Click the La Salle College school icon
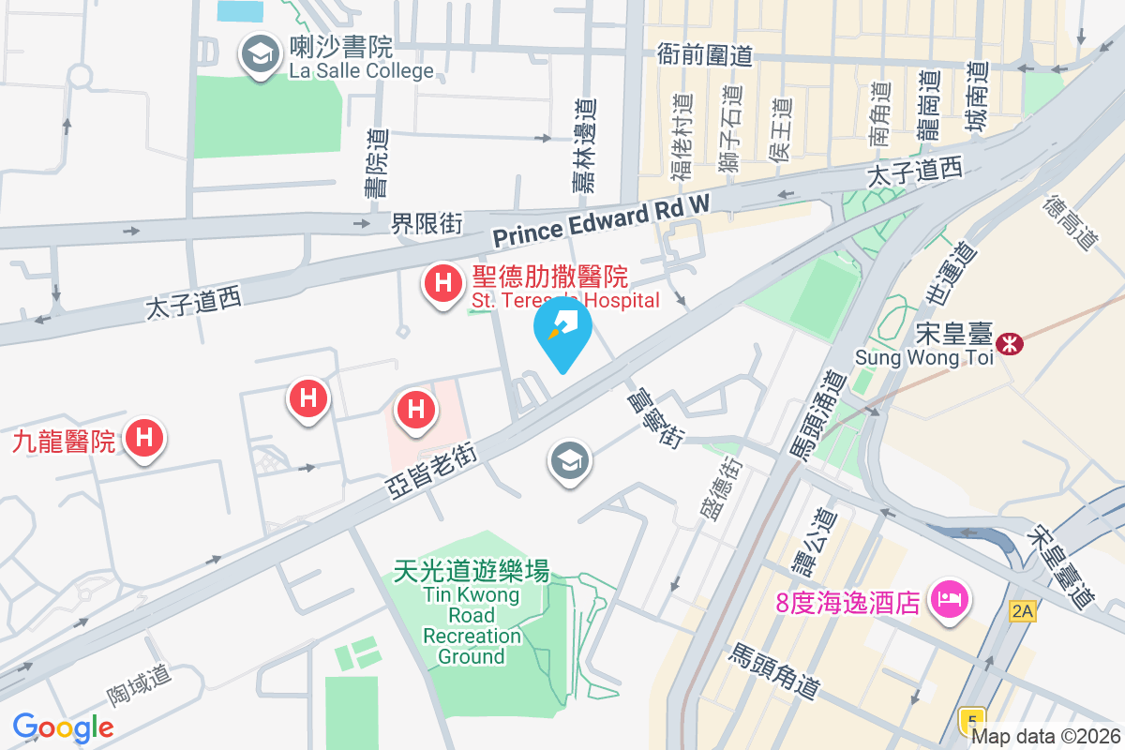pos(258,55)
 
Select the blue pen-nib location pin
pos(562,334)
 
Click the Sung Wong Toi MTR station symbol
pos(1011,343)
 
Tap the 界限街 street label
pos(427,223)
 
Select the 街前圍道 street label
pos(704,55)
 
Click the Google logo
pos(63,727)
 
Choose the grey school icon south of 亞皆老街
pos(567,461)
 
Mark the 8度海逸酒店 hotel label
pos(847,601)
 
